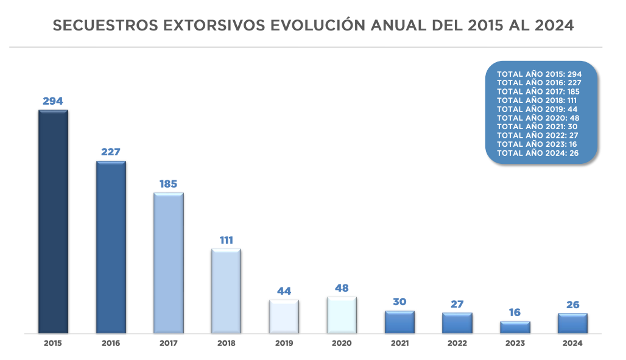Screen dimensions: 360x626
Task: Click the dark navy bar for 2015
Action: pyautogui.click(x=53, y=222)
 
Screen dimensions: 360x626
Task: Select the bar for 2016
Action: pyautogui.click(x=111, y=247)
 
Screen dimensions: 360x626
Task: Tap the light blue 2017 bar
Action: pyautogui.click(x=169, y=263)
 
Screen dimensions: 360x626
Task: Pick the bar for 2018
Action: pyautogui.click(x=226, y=291)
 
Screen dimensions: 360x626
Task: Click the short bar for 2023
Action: pyautogui.click(x=515, y=327)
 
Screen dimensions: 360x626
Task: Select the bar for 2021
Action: pyautogui.click(x=399, y=322)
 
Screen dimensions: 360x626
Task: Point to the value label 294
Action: pyautogui.click(x=53, y=101)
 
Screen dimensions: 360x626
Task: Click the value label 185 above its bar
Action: pyautogui.click(x=168, y=184)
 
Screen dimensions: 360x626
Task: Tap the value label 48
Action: pyautogui.click(x=342, y=288)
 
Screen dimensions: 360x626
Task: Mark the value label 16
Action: pyautogui.click(x=515, y=312)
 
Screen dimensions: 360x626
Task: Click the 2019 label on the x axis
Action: pyautogui.click(x=284, y=344)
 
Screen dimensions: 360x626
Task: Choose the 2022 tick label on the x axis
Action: pyautogui.click(x=457, y=344)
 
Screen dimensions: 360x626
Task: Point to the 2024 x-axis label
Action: pyautogui.click(x=572, y=344)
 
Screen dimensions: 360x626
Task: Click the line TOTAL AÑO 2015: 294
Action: pyautogui.click(x=540, y=74)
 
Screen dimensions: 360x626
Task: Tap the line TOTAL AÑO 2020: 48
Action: pyautogui.click(x=537, y=118)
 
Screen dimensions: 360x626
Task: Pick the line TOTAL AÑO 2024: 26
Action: pyautogui.click(x=537, y=153)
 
